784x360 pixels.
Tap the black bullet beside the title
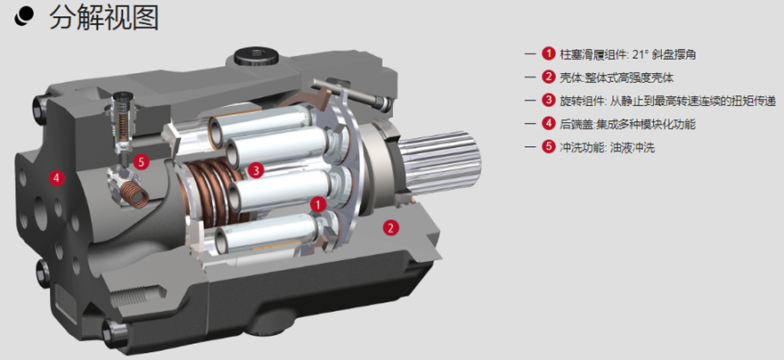24,18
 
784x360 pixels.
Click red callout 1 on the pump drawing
318,204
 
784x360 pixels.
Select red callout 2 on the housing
390,228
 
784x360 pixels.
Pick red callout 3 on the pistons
256,170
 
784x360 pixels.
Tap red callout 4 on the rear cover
56,177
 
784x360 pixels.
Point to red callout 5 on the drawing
142,162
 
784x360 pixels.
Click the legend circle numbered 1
549,53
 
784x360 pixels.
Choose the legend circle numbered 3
549,101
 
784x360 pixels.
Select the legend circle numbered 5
549,148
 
